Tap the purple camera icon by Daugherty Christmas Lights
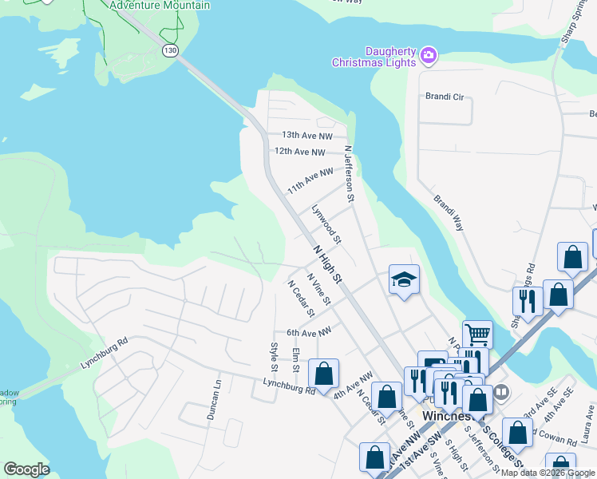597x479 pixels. coord(429,54)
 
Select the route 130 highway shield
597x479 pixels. coord(170,50)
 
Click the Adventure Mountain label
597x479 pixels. coord(160,6)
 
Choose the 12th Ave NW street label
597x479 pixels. coord(300,151)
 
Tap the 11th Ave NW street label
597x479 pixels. coord(310,180)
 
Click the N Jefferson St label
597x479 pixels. coord(348,172)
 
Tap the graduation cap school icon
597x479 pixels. coord(403,279)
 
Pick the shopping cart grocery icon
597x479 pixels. coord(476,333)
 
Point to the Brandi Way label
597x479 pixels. coord(449,213)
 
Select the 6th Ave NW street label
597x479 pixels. coord(308,332)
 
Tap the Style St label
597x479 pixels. coord(274,357)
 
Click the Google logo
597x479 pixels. coord(26,469)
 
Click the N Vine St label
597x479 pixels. coord(318,289)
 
